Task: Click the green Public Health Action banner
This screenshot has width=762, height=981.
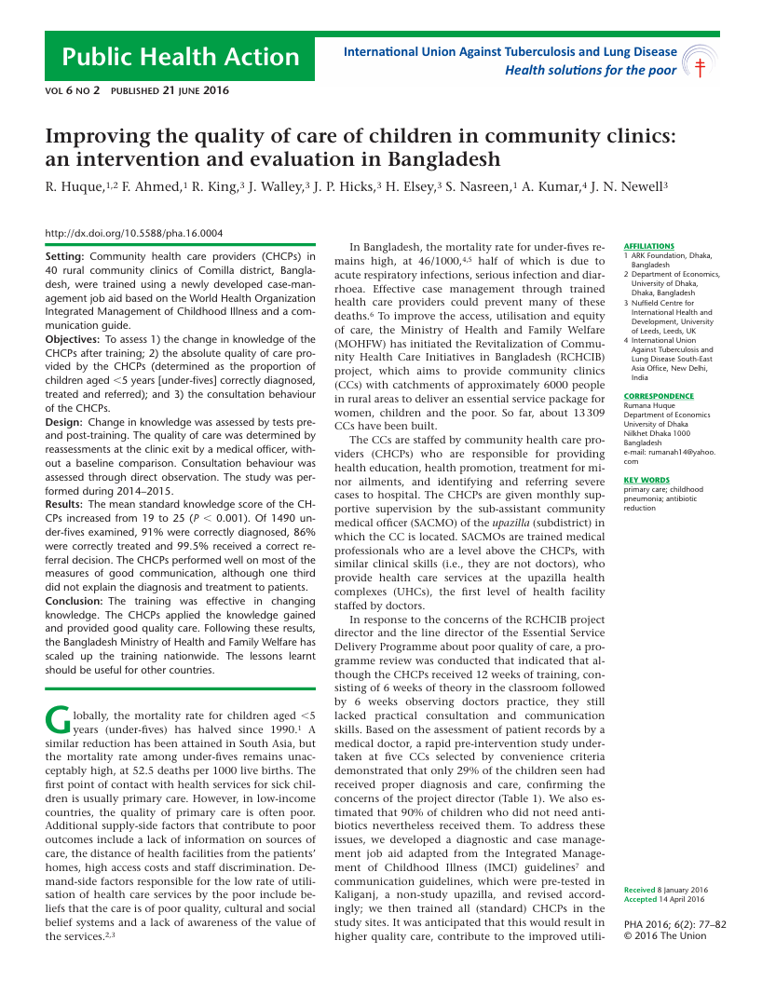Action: pyautogui.click(x=180, y=58)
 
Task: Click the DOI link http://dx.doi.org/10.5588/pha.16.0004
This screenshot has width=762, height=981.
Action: pyautogui.click(x=133, y=234)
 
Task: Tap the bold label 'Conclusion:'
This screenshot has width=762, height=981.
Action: pyautogui.click(x=77, y=601)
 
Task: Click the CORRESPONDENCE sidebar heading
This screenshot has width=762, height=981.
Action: pyautogui.click(x=659, y=396)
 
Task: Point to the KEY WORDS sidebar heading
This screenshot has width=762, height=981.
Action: pyautogui.click(x=646, y=480)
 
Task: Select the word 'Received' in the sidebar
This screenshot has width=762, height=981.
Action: pyautogui.click(x=639, y=890)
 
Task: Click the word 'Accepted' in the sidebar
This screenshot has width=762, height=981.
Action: pyautogui.click(x=640, y=899)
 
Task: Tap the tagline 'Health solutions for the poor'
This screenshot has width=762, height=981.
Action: pyautogui.click(x=591, y=70)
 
